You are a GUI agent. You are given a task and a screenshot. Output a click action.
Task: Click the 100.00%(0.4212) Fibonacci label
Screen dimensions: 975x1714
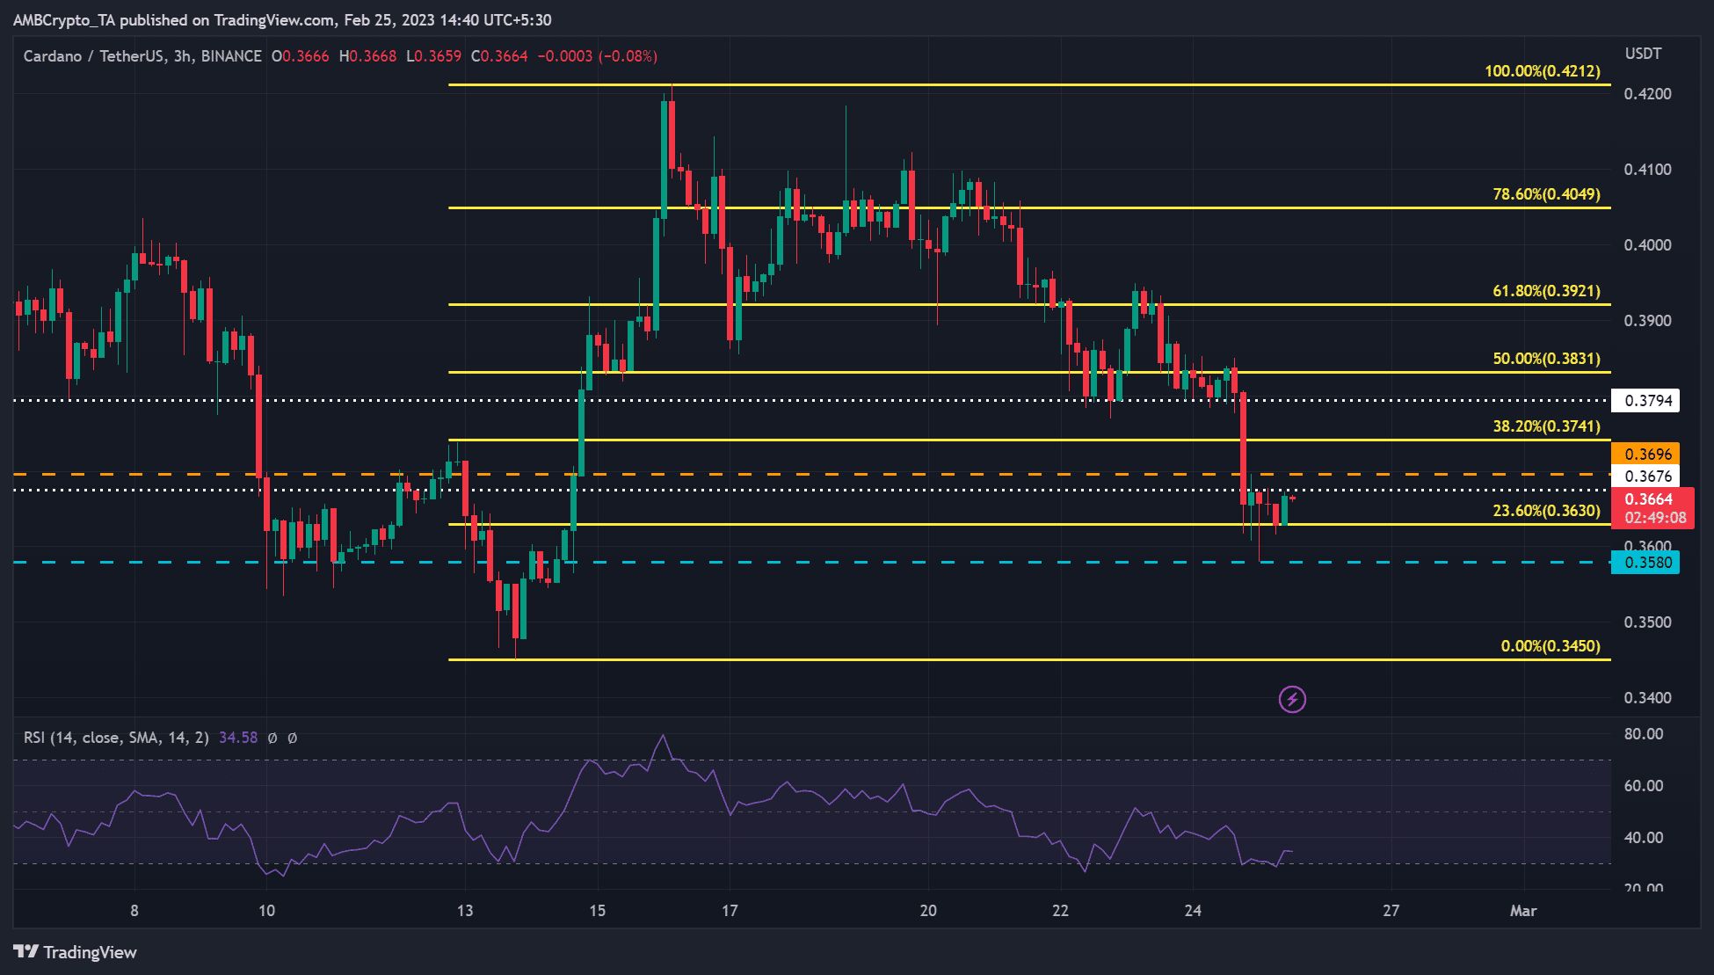1542,71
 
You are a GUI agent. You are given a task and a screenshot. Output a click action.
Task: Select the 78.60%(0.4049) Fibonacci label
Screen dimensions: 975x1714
1546,194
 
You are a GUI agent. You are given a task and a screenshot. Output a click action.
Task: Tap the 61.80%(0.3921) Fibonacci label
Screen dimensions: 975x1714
1546,291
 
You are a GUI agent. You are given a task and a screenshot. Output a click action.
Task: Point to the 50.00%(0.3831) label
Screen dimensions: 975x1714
1546,359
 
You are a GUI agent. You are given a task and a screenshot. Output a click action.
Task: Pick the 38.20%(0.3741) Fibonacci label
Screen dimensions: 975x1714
1546,426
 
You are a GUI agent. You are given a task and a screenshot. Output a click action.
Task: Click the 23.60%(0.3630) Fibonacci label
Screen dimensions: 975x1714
1546,511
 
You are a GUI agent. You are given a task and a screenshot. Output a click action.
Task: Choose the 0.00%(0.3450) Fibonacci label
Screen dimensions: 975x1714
1550,646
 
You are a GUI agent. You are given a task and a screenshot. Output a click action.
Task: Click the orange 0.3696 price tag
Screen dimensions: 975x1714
1645,454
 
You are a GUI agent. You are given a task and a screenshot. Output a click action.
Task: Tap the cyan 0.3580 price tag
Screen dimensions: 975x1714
1645,563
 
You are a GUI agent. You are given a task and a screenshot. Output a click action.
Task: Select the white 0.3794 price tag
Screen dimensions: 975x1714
1645,401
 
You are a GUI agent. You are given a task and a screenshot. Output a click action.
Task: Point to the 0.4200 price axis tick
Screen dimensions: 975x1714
1647,94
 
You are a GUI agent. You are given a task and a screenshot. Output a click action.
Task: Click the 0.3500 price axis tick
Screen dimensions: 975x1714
1647,622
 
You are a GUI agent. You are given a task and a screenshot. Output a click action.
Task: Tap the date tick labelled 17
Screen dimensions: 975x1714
730,911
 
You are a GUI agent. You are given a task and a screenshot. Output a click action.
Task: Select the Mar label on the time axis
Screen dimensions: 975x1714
1522,911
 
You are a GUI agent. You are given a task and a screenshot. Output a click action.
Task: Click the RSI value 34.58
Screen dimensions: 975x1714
238,738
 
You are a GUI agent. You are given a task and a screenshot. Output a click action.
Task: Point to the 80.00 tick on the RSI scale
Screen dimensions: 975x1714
1643,734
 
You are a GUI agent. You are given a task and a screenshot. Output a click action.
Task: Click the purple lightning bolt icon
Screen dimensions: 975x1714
1292,700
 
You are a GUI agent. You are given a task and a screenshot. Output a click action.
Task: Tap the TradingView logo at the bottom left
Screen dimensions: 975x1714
76,952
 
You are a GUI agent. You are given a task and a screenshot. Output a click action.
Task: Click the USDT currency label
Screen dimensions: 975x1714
1643,54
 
